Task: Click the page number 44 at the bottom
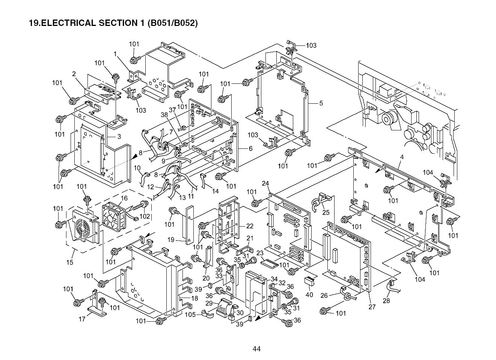tap(256, 349)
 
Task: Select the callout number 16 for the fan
tap(124, 198)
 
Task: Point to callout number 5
tap(321, 103)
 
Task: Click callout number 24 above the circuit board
tap(265, 183)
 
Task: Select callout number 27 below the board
tap(372, 307)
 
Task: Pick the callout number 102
tap(145, 216)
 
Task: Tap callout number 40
tap(309, 295)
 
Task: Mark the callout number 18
tap(194, 298)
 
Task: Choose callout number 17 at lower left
tap(82, 319)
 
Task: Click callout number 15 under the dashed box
tap(70, 262)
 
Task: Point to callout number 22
tap(250, 226)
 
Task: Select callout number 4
tap(401, 157)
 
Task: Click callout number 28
tap(386, 301)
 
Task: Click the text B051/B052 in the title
tap(172, 23)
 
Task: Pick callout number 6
tap(250, 148)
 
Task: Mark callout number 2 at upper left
tap(74, 74)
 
